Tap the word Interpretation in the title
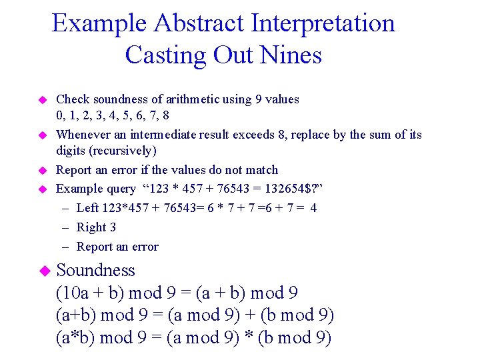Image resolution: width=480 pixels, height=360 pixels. [x=323, y=23]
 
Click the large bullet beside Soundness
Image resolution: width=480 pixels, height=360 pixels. [x=44, y=271]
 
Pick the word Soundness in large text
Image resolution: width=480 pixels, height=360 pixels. [x=96, y=270]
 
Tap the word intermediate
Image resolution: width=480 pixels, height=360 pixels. [x=197, y=135]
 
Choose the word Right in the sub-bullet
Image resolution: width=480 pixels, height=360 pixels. [x=91, y=227]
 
